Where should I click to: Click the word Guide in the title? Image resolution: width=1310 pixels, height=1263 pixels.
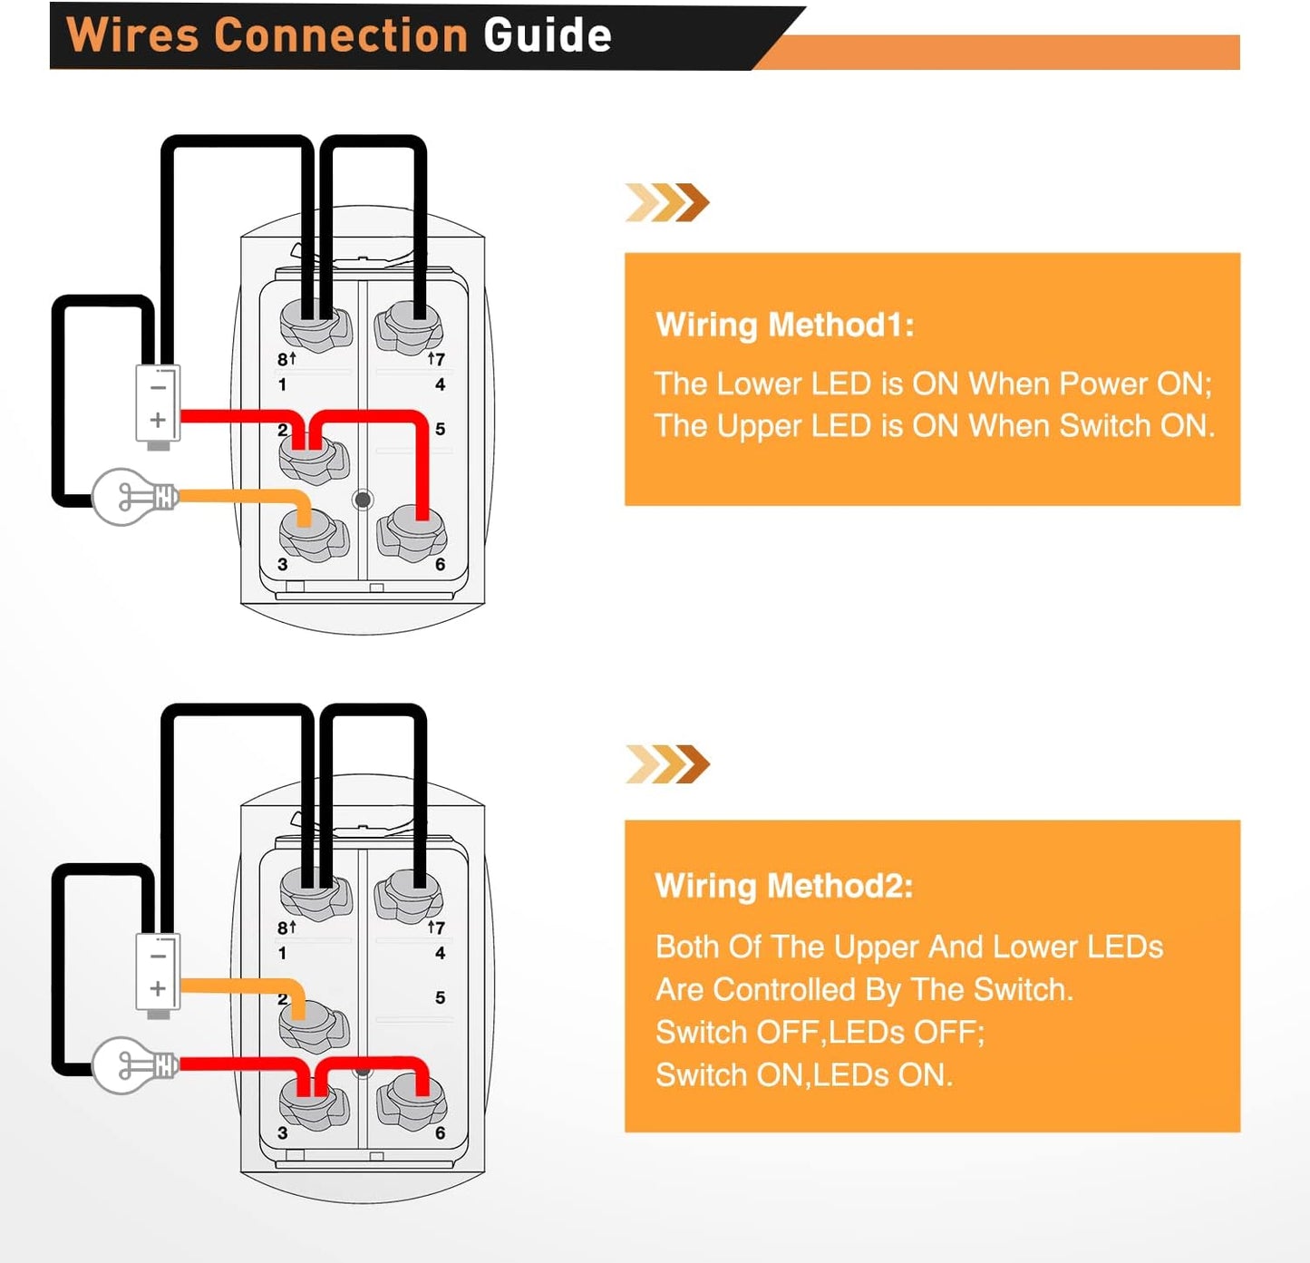click(547, 36)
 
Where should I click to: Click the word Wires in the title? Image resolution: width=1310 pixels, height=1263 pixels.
click(132, 36)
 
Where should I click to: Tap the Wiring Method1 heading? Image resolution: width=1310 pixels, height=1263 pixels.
click(785, 325)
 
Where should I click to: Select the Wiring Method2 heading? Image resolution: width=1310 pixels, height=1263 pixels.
click(784, 886)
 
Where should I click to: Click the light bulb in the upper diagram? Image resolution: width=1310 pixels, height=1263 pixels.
click(131, 497)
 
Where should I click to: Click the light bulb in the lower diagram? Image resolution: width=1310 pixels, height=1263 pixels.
click(132, 1065)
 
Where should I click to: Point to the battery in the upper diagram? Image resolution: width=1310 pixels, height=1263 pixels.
click(158, 404)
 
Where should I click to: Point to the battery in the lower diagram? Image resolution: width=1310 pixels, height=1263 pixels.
click(158, 973)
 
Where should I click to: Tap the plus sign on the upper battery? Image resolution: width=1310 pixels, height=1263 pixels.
click(158, 420)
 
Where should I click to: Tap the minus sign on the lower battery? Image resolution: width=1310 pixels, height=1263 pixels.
click(158, 956)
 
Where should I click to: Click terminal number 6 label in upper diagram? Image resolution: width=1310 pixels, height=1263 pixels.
click(440, 565)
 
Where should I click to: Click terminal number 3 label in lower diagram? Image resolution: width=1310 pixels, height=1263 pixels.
click(283, 1133)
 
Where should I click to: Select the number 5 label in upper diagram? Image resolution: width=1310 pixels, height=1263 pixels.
click(440, 429)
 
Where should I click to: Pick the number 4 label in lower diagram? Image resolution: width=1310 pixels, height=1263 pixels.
click(440, 953)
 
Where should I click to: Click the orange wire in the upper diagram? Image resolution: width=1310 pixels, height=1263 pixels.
click(240, 497)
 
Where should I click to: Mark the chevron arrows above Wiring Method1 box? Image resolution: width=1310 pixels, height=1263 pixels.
click(667, 202)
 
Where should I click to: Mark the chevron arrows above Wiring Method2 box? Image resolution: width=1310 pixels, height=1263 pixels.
click(667, 764)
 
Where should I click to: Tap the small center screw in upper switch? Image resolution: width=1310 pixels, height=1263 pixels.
click(363, 500)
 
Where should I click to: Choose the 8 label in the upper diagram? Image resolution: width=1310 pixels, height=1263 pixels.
click(283, 359)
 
